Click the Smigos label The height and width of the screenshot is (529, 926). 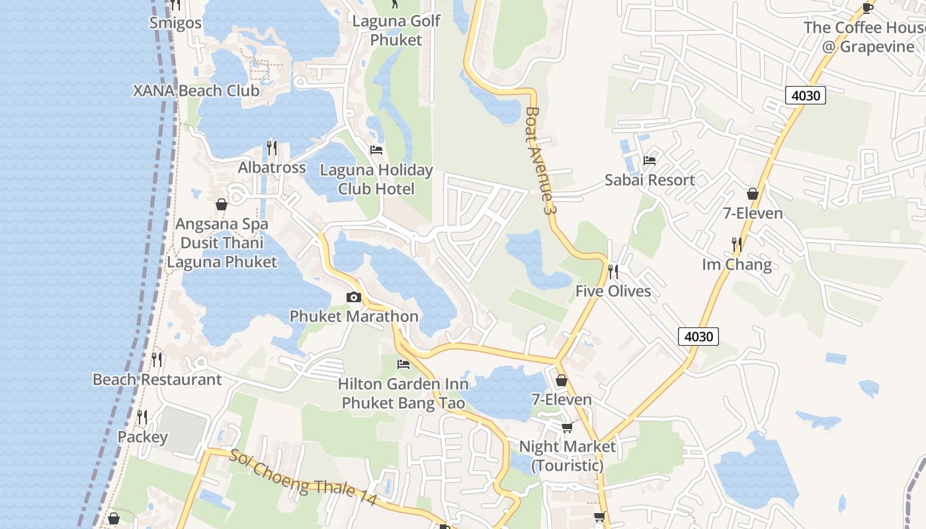click(175, 23)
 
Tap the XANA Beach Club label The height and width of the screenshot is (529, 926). click(196, 91)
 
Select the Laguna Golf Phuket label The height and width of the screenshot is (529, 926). click(396, 30)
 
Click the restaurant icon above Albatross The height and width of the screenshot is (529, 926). click(272, 147)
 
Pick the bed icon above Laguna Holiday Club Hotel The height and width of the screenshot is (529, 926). click(376, 150)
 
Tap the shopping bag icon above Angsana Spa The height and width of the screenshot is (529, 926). click(222, 204)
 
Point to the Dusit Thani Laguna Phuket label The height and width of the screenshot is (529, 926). click(222, 253)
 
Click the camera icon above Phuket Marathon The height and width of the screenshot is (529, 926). click(354, 297)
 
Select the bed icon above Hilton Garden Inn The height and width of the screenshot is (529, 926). click(403, 364)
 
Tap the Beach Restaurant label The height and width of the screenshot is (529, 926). click(157, 380)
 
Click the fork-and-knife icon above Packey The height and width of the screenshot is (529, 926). click(142, 417)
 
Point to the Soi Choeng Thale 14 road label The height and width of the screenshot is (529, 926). click(304, 477)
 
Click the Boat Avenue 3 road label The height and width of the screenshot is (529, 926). click(538, 160)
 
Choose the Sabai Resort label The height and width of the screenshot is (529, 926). click(650, 180)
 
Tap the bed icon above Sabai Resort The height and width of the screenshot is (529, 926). click(650, 160)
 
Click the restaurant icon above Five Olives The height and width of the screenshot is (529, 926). click(613, 271)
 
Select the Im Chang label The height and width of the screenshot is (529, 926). click(737, 264)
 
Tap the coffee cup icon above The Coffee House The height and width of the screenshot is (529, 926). click(868, 8)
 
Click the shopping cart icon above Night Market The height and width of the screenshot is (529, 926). click(567, 428)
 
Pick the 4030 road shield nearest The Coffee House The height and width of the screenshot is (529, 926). click(806, 95)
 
